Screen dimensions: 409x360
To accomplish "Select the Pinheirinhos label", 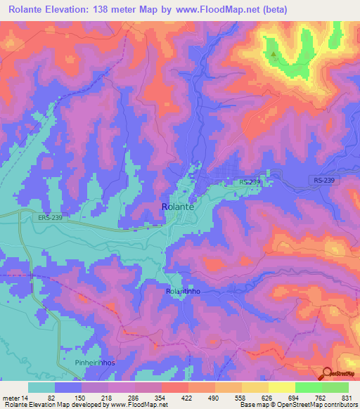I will (94, 363).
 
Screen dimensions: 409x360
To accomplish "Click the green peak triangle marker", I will (274, 53).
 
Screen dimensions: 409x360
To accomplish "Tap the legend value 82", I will (51, 398).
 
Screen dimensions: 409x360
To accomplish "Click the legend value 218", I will (107, 398).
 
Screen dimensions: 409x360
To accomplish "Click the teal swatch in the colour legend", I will (41, 388).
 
